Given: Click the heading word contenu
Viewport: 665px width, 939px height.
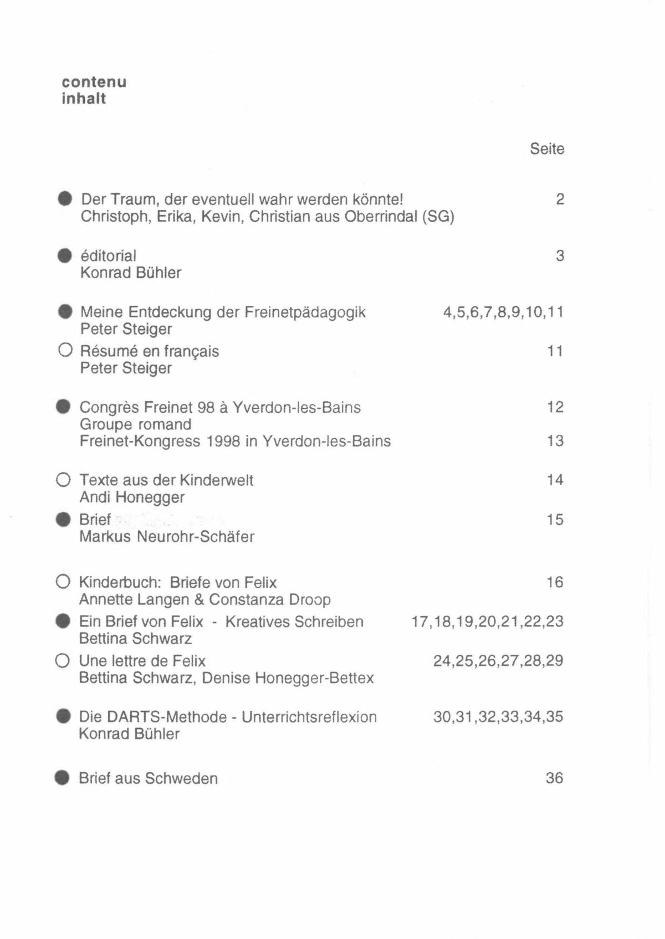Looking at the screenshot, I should pos(94,82).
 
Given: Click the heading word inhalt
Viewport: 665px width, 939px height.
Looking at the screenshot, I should pos(84,99).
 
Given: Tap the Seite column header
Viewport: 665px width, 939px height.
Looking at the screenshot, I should pos(547,149).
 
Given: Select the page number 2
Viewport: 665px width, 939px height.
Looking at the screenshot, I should pos(560,199).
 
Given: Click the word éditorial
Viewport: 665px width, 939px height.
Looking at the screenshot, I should pos(109,256).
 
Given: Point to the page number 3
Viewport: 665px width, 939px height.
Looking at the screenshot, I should pos(560,256).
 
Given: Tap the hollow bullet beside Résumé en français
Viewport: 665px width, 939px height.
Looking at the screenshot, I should pos(65,351).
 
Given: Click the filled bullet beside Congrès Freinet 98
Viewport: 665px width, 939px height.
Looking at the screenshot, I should pos(64,407).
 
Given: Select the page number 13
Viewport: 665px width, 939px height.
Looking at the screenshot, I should pos(555,441).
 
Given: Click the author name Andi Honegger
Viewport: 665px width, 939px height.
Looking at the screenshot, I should pos(132,497).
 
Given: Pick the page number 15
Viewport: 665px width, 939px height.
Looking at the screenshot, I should pos(555,520).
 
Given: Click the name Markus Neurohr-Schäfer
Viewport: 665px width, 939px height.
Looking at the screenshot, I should pos(167,537).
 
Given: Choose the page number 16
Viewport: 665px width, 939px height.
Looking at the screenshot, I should pos(555,582).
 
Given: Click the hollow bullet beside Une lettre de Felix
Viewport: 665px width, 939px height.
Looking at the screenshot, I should pos(63,661).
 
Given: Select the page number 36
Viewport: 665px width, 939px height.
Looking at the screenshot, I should pos(554,778).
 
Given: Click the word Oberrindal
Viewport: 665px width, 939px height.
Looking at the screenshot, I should pos(381,217).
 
